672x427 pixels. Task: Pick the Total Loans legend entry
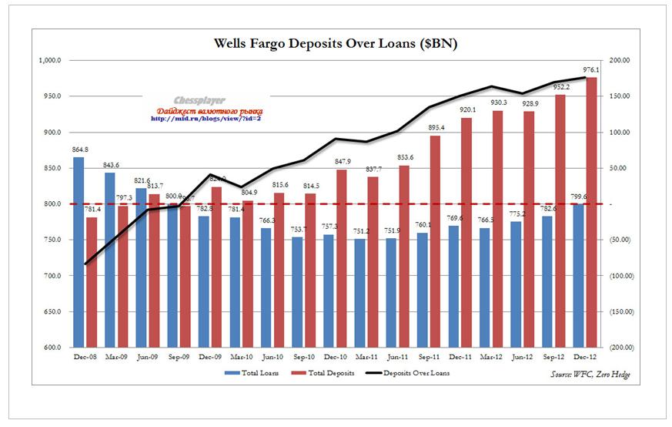click(x=252, y=373)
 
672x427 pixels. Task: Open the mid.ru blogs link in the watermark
click(x=206, y=119)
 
